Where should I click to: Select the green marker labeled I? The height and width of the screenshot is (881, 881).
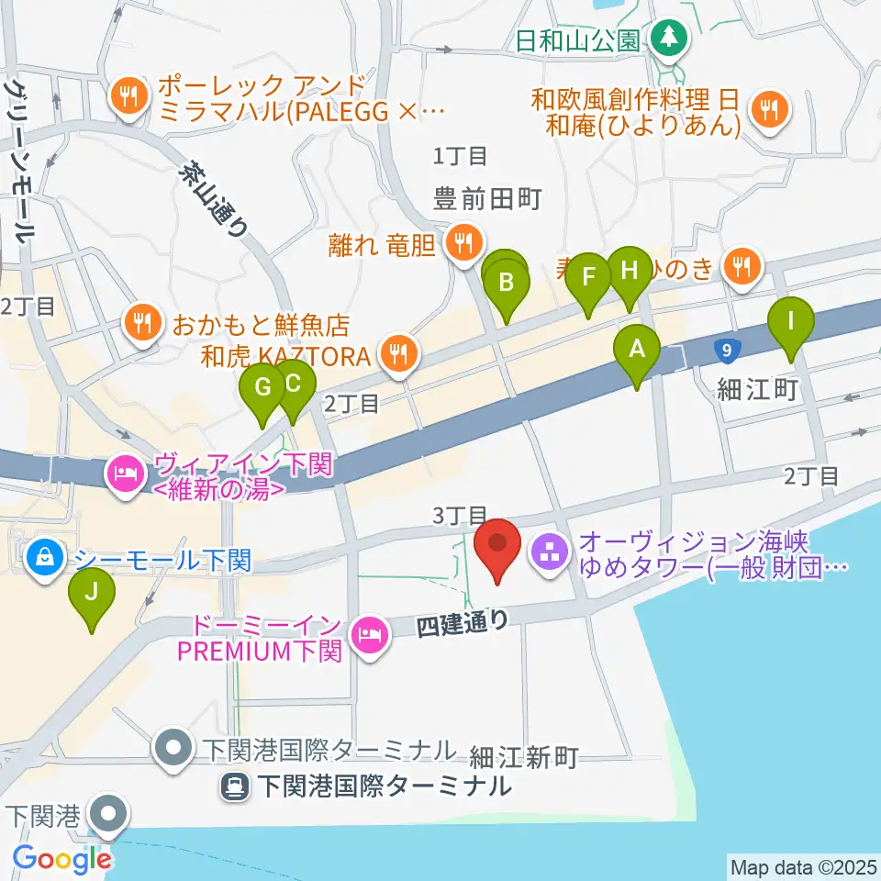790,323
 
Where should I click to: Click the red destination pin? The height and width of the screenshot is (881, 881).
497,545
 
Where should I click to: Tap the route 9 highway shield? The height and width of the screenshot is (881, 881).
727,349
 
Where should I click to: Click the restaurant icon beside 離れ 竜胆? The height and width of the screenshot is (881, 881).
460,243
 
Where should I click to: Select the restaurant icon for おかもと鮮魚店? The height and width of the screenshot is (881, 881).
141,321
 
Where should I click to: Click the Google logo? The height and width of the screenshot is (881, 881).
61,860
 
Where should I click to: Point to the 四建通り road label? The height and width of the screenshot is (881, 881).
462,627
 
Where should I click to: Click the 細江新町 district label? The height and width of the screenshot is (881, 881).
523,757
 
